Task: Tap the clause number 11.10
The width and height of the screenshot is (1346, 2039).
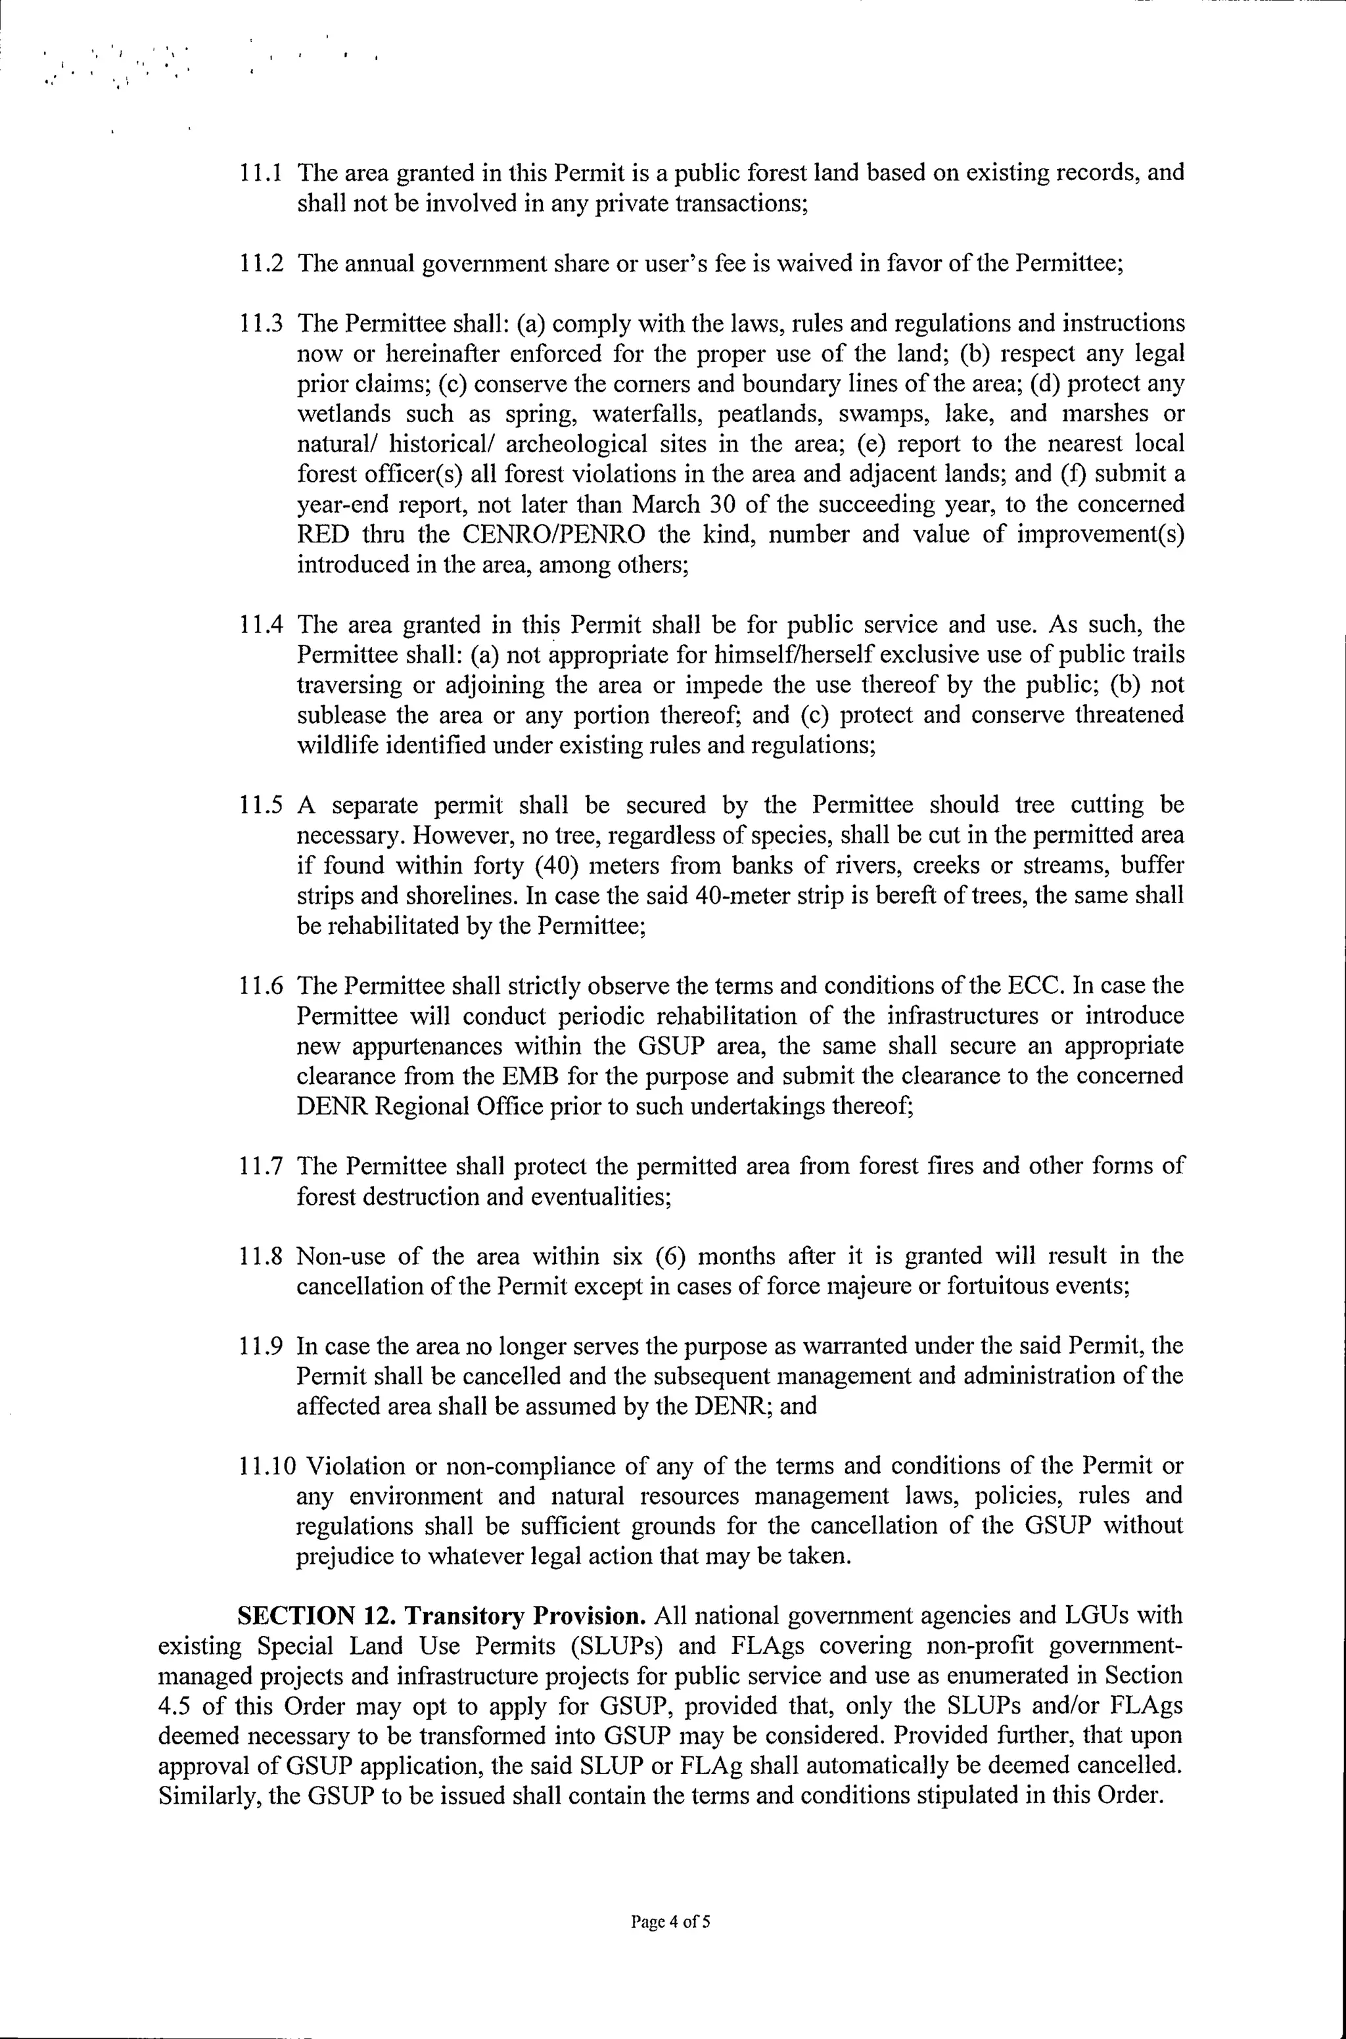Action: click(x=266, y=1466)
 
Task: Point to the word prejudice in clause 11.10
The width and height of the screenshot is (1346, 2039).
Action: click(x=344, y=1557)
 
